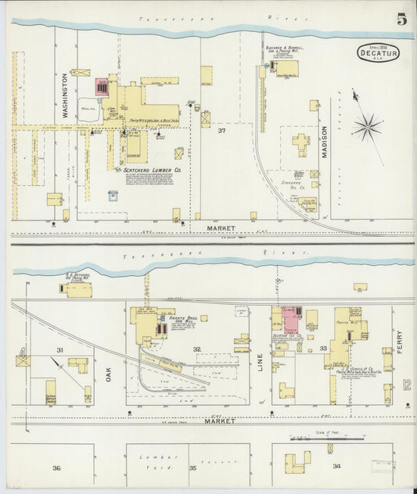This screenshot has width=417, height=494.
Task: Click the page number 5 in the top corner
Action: point(401,19)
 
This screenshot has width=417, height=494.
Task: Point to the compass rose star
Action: point(366,125)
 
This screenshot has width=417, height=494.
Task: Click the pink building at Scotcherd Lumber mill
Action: point(102,87)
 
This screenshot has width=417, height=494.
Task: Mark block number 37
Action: point(222,131)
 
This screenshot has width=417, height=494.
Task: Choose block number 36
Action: point(56,467)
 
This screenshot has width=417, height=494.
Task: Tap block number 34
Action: point(336,466)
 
